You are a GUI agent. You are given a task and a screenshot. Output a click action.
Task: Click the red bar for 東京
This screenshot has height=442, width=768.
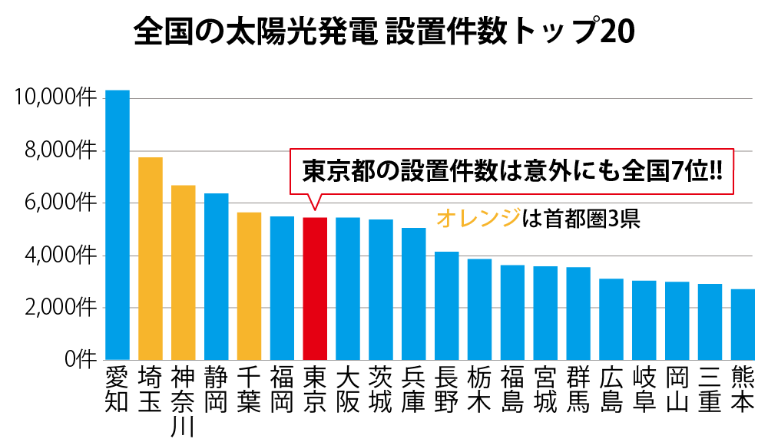316,289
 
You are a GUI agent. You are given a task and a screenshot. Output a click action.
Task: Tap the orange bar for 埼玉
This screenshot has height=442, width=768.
151,259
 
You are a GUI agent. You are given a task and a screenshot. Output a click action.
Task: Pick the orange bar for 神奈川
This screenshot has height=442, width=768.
184,272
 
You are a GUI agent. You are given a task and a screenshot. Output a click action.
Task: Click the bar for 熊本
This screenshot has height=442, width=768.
743,325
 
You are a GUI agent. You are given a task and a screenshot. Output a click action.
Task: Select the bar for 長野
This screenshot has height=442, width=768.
447,305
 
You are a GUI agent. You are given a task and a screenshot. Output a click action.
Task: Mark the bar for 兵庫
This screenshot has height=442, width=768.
414,294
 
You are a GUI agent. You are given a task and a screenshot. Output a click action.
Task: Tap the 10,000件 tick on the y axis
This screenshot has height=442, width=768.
55,98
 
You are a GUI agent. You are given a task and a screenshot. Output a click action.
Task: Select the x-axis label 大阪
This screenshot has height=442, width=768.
348,390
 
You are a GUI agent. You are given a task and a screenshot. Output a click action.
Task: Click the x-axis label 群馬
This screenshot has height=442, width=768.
578,390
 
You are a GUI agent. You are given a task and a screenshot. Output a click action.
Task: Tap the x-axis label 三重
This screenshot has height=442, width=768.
710,390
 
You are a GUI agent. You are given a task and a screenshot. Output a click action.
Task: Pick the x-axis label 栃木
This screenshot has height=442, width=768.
479,390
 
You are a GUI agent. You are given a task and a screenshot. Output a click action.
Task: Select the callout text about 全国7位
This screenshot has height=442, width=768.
511,170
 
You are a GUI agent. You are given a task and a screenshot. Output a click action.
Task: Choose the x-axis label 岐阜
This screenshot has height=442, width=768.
644,390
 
